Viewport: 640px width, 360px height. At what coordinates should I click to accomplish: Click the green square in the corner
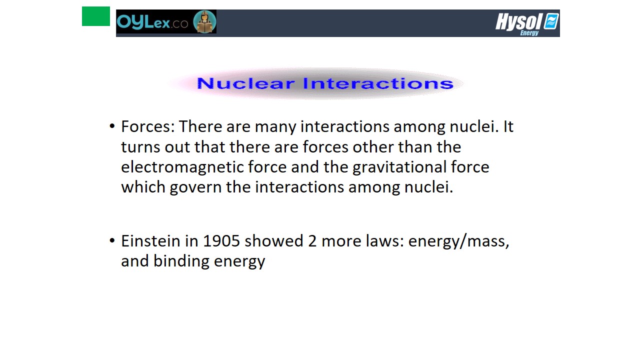coord(96,16)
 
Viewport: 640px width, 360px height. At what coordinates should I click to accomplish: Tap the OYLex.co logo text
coord(152,22)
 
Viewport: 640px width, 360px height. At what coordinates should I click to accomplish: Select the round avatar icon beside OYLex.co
coord(204,21)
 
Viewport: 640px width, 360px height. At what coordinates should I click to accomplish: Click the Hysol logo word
coord(519,21)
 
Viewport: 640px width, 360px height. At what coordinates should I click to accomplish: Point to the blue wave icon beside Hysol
coord(551,21)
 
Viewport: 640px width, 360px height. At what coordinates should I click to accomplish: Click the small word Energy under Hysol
coord(529,33)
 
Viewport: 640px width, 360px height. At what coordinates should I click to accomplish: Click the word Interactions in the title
coord(378,83)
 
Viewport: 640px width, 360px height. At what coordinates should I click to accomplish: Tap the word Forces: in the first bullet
coord(148,126)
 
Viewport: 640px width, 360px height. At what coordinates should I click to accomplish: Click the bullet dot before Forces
coord(112,126)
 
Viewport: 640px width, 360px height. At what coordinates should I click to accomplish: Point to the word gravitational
coord(399,167)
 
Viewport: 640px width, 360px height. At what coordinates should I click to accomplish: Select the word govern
coord(195,187)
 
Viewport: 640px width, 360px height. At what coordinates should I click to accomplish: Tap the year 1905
coord(221,241)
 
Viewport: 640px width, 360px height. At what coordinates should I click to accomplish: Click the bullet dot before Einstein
coord(112,240)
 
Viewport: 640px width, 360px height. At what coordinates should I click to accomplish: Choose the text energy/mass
coord(459,241)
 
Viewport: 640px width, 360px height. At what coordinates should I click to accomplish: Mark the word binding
coord(181,261)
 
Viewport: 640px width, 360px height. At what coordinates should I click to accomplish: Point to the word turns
coord(140,147)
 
